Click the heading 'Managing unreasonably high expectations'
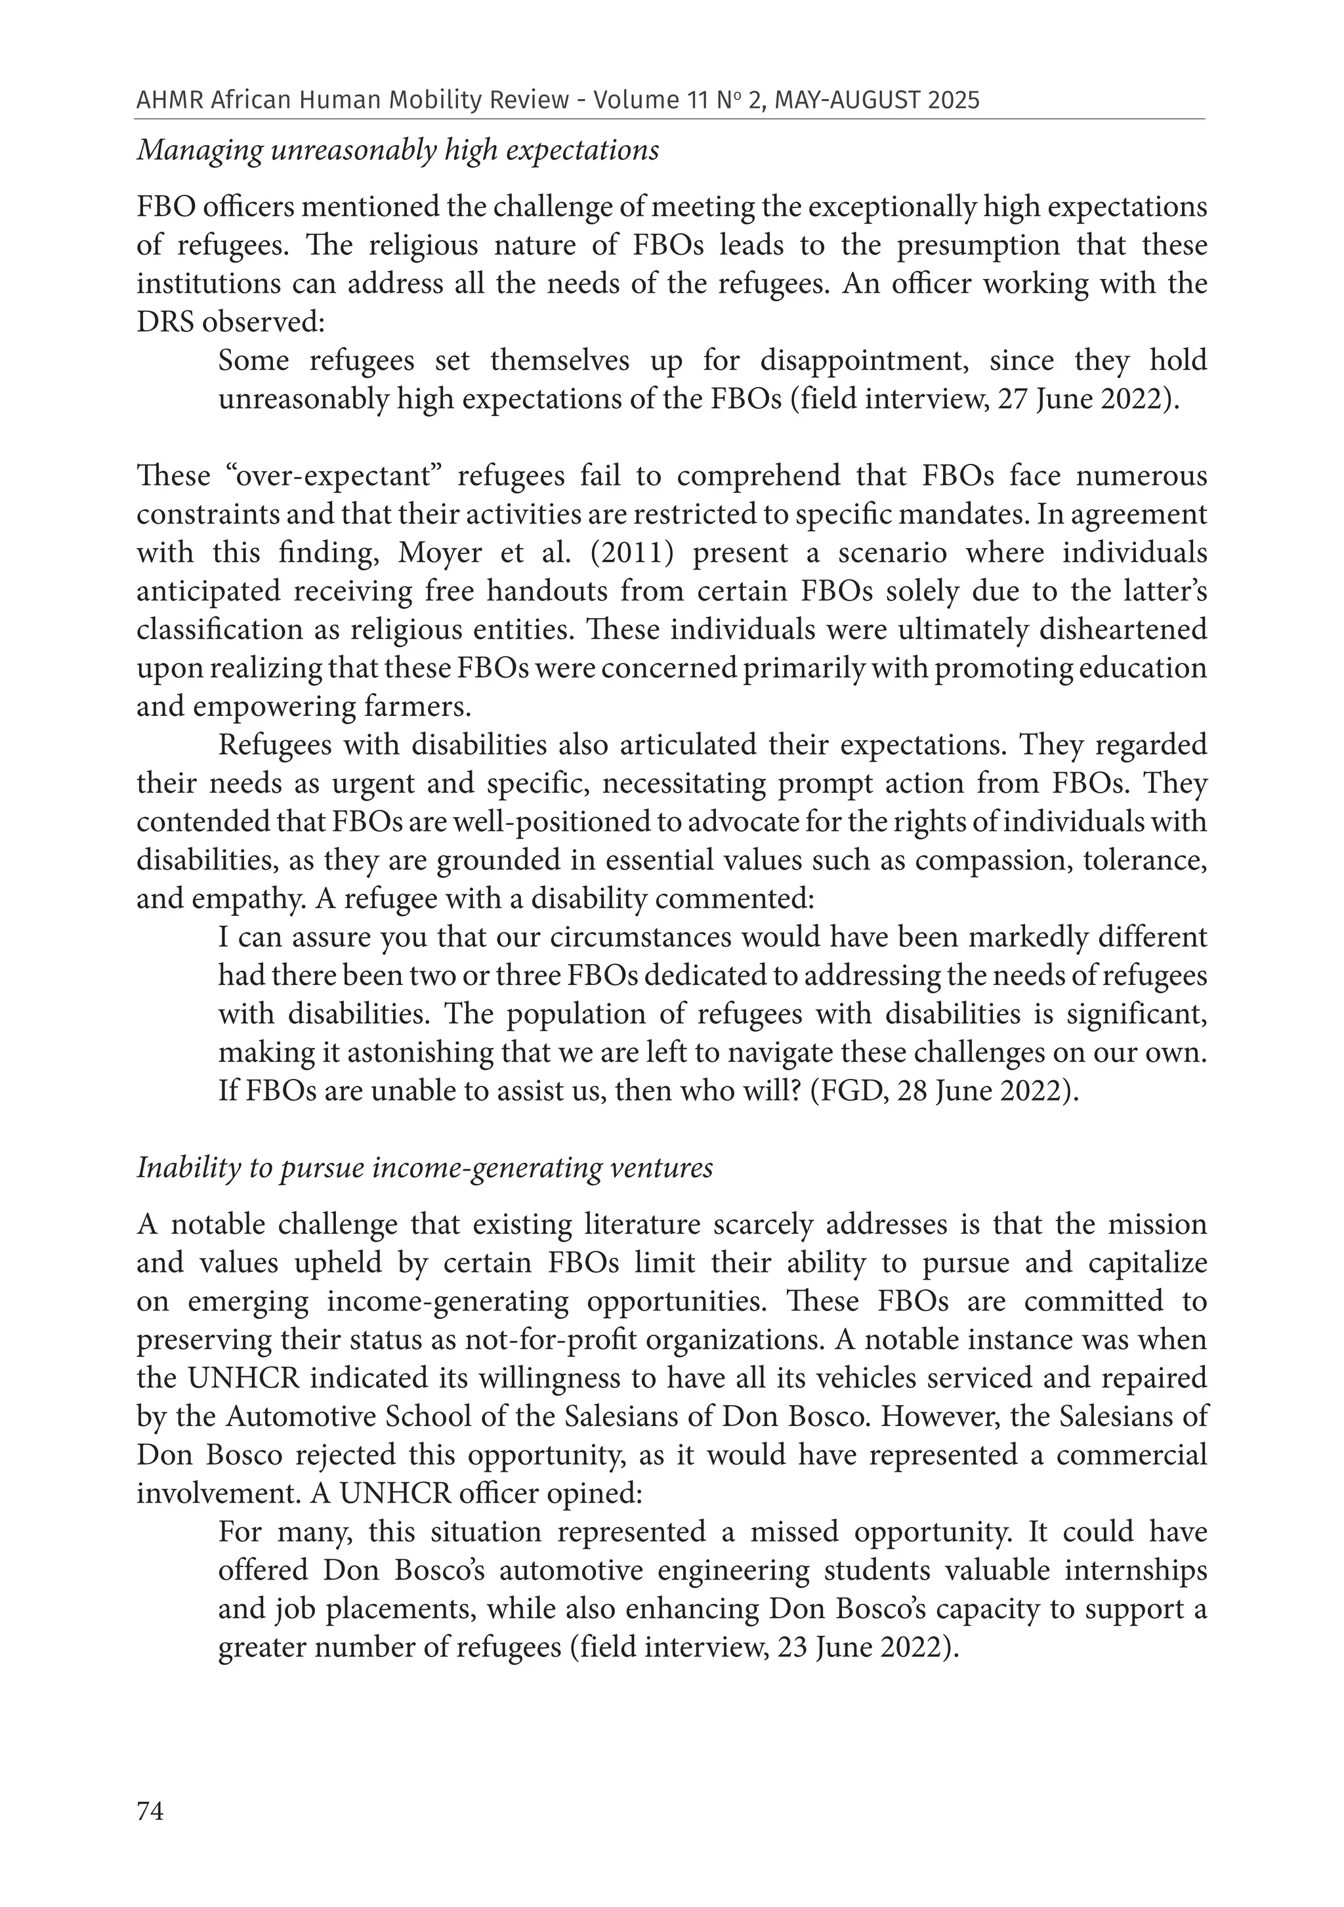(398, 150)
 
